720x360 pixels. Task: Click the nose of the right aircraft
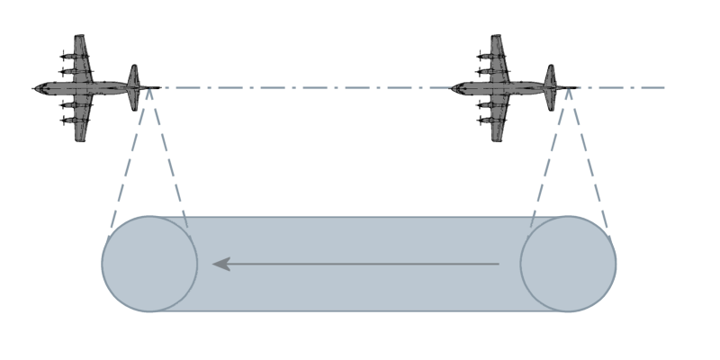click(x=453, y=88)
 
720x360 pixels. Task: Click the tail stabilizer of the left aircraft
click(x=134, y=87)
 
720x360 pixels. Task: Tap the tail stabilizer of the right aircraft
click(x=550, y=87)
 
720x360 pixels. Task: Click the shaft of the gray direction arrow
click(x=360, y=264)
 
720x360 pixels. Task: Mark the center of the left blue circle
click(x=149, y=264)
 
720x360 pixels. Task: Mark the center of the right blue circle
click(x=568, y=264)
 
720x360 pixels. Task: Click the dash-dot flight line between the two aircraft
click(x=306, y=88)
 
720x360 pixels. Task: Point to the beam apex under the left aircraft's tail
click(x=149, y=91)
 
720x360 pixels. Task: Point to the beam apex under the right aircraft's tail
click(x=568, y=91)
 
